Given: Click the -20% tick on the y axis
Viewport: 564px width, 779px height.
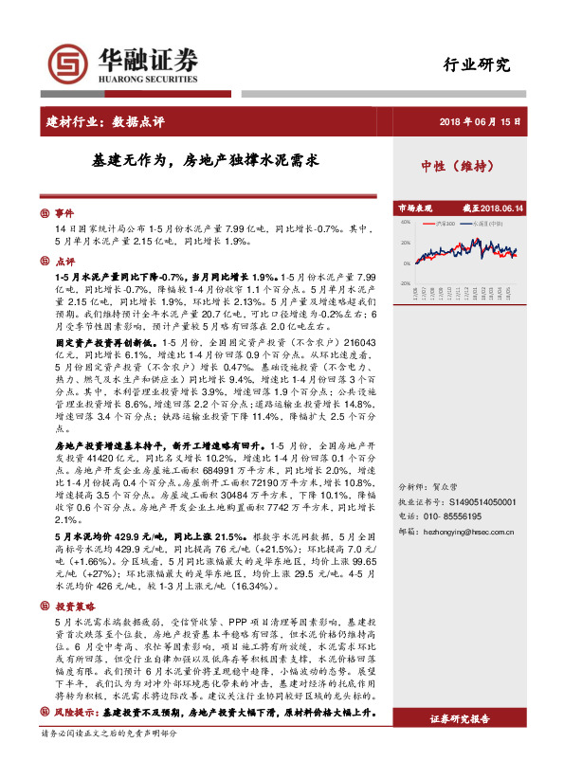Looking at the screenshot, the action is pyautogui.click(x=405, y=282).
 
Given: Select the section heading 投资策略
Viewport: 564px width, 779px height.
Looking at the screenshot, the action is pyautogui.click(x=74, y=606).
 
